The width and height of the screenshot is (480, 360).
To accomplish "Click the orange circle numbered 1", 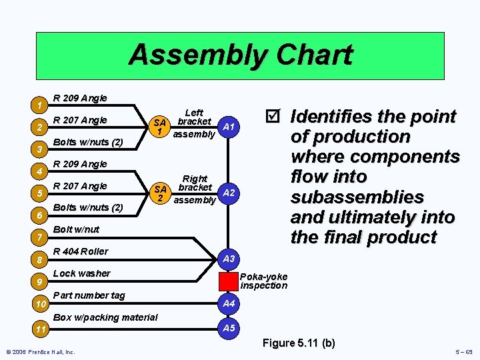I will (x=41, y=105).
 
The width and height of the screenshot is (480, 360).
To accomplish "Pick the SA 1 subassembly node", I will (x=159, y=127).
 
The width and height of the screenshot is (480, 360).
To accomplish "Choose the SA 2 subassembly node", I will (x=159, y=193).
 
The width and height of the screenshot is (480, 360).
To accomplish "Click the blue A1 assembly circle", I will (x=228, y=127).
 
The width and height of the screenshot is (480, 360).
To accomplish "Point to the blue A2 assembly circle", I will (x=228, y=193).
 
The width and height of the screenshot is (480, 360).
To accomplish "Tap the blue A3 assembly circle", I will (x=229, y=259).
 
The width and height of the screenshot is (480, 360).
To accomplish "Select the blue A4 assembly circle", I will (x=229, y=303).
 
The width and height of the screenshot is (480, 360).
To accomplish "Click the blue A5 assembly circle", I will (x=229, y=328).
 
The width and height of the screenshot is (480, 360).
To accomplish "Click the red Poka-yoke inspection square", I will (x=229, y=281).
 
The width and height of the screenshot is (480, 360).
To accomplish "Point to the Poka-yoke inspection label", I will (x=263, y=281).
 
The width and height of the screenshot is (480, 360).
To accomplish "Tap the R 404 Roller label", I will (x=80, y=251).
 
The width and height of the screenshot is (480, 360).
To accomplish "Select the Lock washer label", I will (x=81, y=273).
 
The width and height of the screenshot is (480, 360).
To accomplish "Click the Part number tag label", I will (x=88, y=295).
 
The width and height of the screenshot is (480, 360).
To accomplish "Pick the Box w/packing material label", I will (x=105, y=317).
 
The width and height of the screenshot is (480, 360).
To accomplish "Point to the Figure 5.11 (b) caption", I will (x=299, y=343).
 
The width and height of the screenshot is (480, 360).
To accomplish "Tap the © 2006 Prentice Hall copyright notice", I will (x=41, y=352).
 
